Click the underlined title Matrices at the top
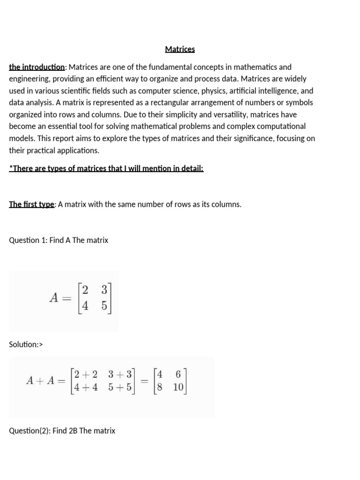tap(180, 49)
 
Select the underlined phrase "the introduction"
tap(37, 67)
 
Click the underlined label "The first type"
tap(32, 204)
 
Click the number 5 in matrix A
tap(104, 306)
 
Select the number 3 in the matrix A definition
tap(104, 290)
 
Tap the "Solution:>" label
tap(26, 345)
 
